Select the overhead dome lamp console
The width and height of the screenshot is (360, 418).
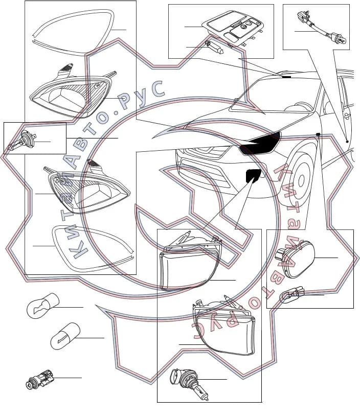pos(232,30)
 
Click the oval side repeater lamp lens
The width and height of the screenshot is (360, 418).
pos(296,260)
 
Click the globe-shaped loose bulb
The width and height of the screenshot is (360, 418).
pos(43,306)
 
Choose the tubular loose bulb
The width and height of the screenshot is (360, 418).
pos(65,335)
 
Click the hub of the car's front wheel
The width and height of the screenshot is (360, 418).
pos(301,181)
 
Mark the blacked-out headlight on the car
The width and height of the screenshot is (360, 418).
pos(260,144)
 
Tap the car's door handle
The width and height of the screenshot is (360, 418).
pos(348,115)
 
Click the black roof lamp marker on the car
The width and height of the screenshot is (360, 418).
pos(286,77)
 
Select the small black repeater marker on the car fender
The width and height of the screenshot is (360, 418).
pos(318,134)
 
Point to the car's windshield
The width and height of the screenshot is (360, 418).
pos(275,95)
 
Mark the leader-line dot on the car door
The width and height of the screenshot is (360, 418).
pos(347,142)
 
